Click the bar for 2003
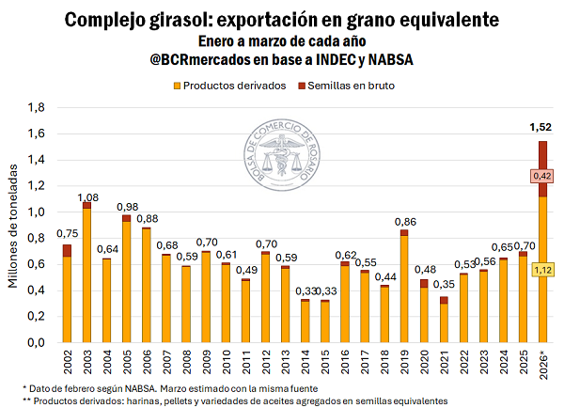click(86, 273)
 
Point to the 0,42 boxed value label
click(541, 176)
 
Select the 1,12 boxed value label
click(541, 271)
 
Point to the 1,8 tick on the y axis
click(35, 108)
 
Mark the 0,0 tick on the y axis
click(35, 343)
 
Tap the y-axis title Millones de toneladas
click(12, 226)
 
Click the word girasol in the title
click(201, 19)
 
